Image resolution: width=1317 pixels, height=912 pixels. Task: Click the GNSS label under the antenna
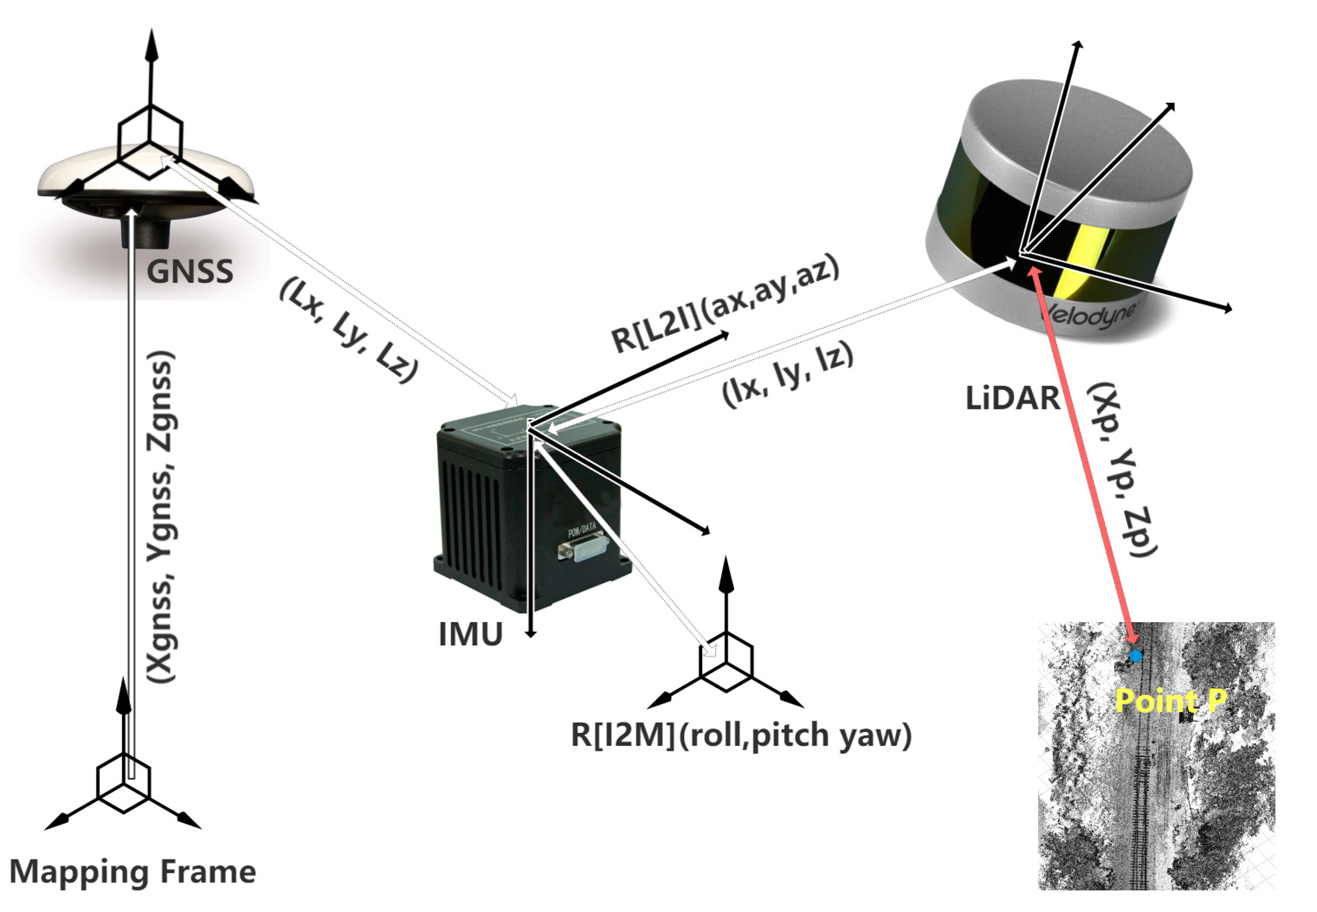tap(190, 272)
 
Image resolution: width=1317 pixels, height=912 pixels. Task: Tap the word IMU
tap(470, 634)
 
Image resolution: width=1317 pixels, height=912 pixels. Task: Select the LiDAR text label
tap(1012, 398)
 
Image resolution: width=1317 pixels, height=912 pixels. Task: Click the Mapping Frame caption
tap(133, 872)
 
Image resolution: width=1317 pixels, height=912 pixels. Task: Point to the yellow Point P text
tap(1170, 701)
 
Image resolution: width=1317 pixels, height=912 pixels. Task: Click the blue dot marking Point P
tap(1136, 656)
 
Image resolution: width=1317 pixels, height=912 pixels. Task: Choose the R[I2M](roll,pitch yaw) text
tap(741, 735)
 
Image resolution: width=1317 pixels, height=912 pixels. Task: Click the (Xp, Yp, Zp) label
tap(1121, 470)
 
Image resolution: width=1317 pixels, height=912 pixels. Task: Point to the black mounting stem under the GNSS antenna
tap(146, 231)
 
